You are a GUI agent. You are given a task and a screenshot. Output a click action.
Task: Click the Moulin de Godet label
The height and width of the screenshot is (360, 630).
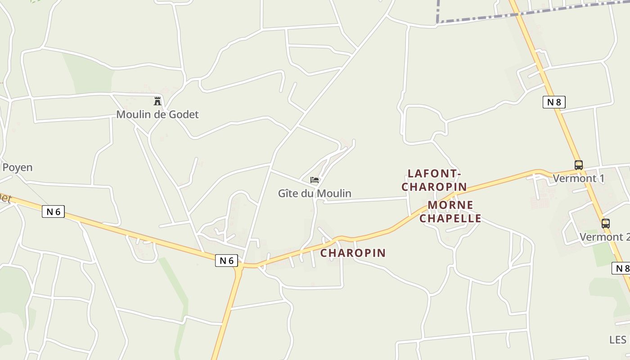[x=157, y=114]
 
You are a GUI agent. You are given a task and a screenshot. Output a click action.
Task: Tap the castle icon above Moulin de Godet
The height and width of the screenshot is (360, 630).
[x=157, y=101]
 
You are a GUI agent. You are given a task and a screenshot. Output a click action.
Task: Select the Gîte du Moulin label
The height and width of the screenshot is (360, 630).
[x=315, y=193]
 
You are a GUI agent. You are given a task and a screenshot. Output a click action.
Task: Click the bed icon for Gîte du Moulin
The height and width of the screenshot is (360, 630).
[x=315, y=180]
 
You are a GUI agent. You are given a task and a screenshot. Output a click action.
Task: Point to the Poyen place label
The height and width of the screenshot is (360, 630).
[x=18, y=167]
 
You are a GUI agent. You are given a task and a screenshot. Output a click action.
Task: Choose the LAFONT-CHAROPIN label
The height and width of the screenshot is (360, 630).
[x=434, y=180]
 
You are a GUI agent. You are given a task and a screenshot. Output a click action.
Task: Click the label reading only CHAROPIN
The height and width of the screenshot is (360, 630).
[x=353, y=253]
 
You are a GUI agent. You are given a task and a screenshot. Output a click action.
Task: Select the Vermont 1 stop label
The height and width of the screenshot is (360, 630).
[x=578, y=178]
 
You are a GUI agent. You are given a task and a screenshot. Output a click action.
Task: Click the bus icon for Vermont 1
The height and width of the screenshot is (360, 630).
[x=578, y=165]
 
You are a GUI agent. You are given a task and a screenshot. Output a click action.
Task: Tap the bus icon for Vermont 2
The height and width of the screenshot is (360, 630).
[x=606, y=223]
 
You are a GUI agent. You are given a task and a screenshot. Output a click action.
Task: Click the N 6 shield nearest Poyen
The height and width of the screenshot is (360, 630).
[x=54, y=211]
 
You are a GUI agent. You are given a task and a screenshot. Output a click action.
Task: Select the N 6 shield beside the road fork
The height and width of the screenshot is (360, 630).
[x=226, y=260]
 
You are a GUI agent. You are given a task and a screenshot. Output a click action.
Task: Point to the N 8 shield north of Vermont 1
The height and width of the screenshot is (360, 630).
[x=553, y=102]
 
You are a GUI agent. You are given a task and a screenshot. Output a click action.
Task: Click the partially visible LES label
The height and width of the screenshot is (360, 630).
[x=618, y=339]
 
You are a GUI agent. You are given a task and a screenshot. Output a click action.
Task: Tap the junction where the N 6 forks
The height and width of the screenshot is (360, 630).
[x=241, y=266]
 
